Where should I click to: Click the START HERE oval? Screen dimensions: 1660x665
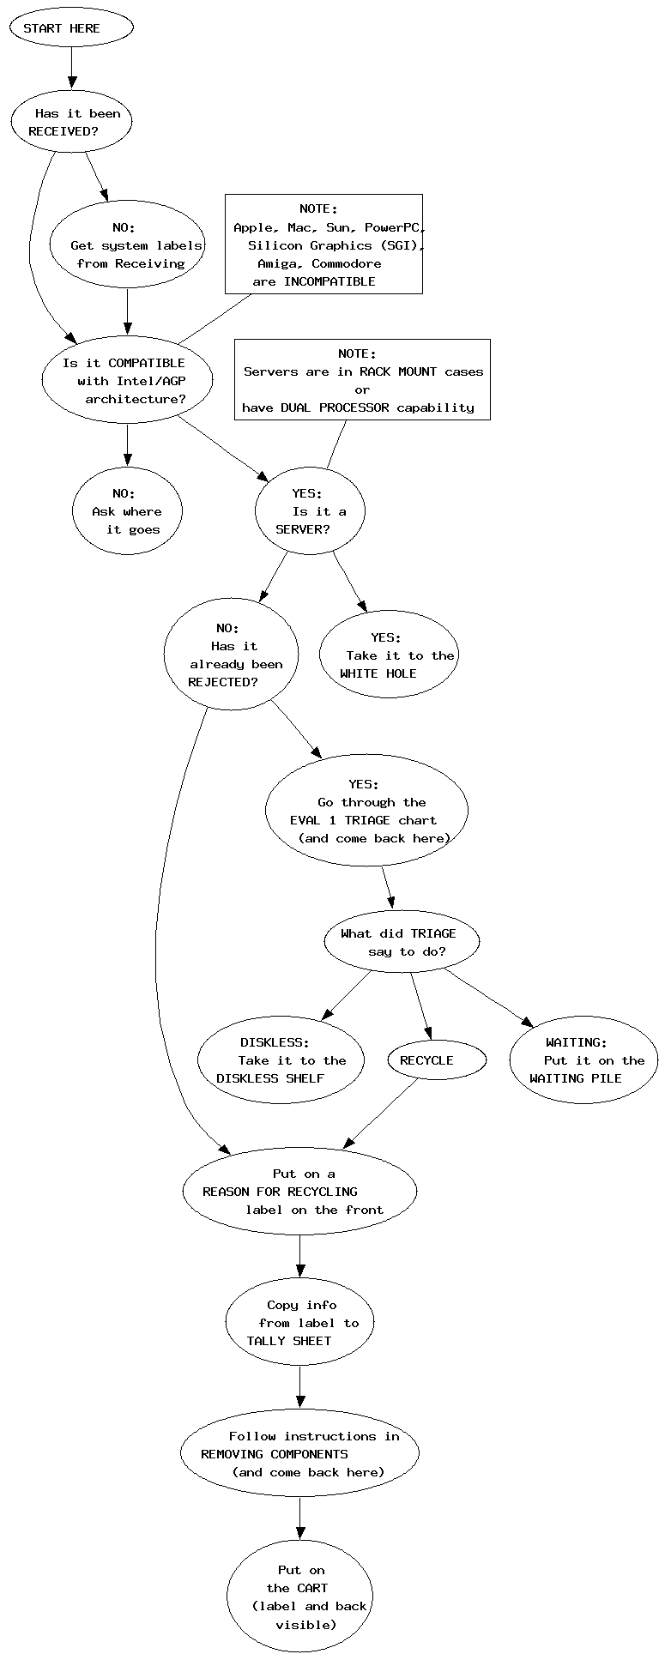tap(71, 28)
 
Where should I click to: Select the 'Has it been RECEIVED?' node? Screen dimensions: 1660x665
tap(71, 123)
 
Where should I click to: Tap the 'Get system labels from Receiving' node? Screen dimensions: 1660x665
tap(128, 245)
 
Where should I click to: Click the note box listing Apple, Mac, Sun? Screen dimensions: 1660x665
tap(323, 244)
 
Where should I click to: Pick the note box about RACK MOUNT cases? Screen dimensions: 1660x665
tap(362, 380)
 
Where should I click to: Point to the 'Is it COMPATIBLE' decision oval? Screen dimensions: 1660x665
tap(127, 380)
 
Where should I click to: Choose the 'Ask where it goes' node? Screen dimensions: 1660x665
tap(127, 511)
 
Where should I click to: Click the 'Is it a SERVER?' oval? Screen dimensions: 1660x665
tap(310, 511)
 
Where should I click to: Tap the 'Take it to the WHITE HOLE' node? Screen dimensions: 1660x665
tap(389, 655)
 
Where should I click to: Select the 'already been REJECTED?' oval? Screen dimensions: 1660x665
tap(231, 655)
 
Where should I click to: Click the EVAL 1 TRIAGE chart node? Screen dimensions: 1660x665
tap(366, 811)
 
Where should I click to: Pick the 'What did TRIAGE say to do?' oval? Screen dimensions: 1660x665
tap(402, 942)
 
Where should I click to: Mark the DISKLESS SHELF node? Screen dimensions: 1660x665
tap(281, 1060)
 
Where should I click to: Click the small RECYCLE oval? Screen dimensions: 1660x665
tap(437, 1060)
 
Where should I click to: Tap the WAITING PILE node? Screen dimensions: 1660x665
tap(583, 1060)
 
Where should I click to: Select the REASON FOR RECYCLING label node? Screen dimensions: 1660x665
tap(299, 1192)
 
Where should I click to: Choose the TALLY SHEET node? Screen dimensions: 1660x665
tap(299, 1323)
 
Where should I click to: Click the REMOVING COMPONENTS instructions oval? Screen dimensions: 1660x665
tap(299, 1454)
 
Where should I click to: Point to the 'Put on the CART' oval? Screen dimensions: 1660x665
tap(299, 1597)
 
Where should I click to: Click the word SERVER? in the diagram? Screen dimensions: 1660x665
tap(302, 529)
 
